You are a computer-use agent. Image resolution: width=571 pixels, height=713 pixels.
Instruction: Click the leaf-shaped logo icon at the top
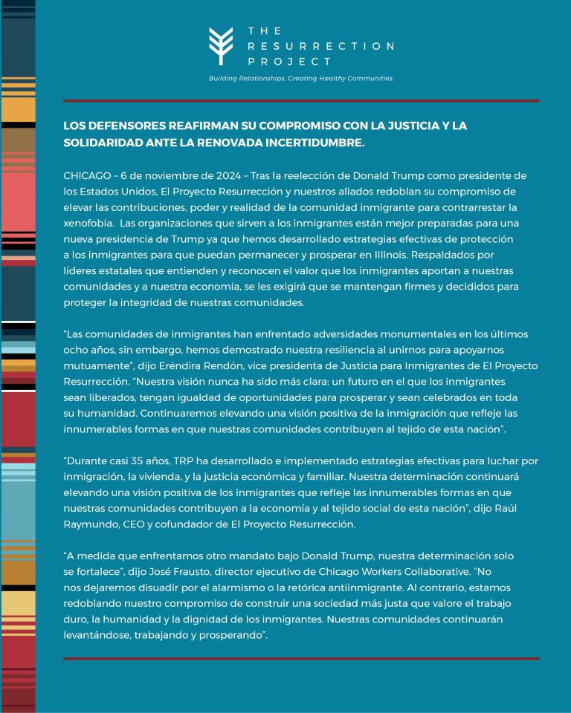(222, 46)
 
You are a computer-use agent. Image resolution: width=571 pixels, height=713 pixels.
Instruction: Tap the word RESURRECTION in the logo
(320, 46)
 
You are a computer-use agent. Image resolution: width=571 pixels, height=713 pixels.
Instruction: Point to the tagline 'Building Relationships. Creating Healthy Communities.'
(301, 78)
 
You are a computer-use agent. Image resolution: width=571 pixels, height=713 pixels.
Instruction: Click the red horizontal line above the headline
(301, 101)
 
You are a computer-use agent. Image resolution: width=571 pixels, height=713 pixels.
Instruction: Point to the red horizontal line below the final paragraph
(301, 658)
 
